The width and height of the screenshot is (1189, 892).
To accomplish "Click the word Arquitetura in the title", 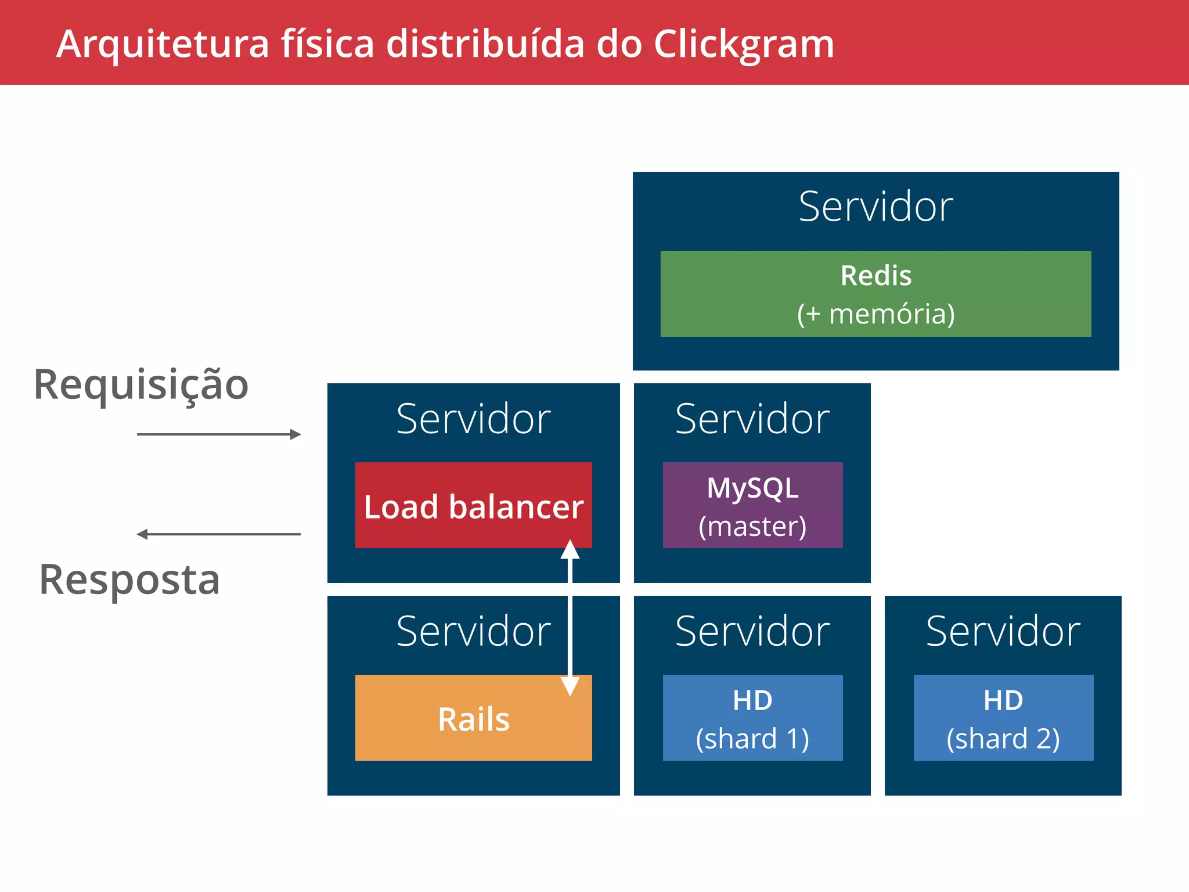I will (x=163, y=44).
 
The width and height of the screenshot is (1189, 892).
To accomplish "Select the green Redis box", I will (x=875, y=294).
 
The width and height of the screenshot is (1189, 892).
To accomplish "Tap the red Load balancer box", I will (x=473, y=505).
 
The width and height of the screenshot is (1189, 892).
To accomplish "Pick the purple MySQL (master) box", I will (x=752, y=505).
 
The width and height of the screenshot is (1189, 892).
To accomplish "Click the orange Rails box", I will (x=473, y=718).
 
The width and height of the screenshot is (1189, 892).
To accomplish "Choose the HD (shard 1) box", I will (x=752, y=718).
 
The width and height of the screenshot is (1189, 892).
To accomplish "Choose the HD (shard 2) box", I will (x=1003, y=718).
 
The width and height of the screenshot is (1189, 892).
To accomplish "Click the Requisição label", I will (x=141, y=385).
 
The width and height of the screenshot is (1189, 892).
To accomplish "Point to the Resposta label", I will (x=129, y=580).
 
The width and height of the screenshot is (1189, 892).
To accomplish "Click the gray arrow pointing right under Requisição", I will (x=218, y=434).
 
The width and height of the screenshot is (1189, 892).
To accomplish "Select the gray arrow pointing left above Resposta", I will (x=218, y=534).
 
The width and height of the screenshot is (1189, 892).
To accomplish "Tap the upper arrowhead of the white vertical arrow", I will (x=570, y=550).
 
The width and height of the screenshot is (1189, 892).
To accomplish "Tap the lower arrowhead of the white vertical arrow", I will (x=570, y=685).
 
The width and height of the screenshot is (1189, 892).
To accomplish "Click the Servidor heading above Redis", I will (x=875, y=207).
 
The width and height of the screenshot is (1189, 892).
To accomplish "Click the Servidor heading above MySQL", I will (x=752, y=419).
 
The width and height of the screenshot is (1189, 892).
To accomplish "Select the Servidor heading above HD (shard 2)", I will (x=1003, y=631).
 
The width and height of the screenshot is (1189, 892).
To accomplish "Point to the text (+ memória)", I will (x=875, y=314).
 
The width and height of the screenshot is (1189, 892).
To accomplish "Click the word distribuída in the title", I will (x=485, y=44).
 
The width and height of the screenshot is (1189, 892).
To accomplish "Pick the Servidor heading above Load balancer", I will (x=473, y=419).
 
